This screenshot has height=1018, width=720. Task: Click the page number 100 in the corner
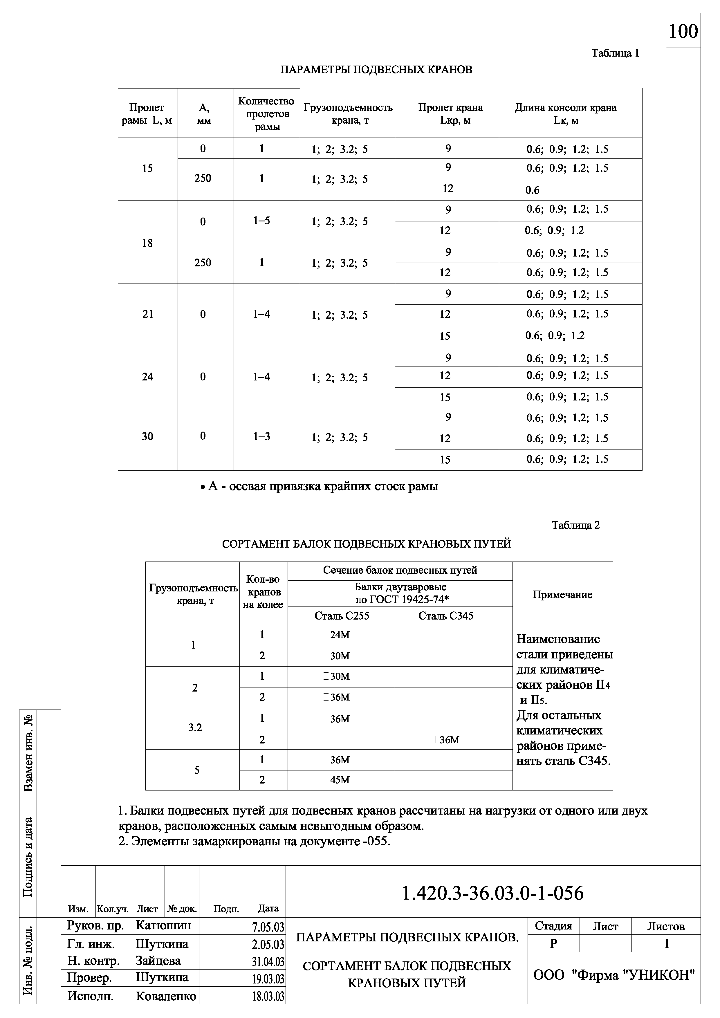click(x=683, y=31)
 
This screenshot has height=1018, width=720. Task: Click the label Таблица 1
click(x=615, y=53)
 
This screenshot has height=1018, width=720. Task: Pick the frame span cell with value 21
click(x=148, y=314)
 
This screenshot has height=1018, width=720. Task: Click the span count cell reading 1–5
click(x=261, y=221)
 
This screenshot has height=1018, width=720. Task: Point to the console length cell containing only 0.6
click(x=533, y=190)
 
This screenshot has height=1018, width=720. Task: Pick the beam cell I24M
click(x=337, y=635)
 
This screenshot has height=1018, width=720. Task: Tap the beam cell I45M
click(x=337, y=780)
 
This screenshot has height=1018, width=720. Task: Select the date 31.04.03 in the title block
click(x=268, y=962)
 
